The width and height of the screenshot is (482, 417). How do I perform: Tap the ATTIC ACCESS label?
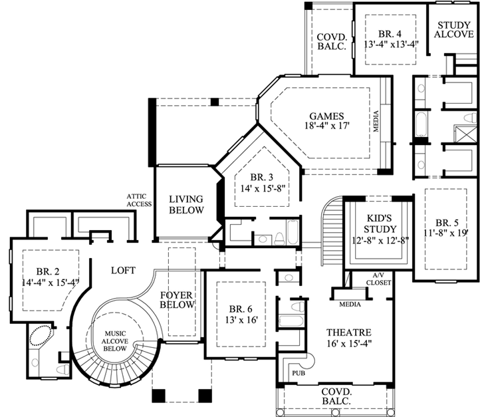click(x=140, y=200)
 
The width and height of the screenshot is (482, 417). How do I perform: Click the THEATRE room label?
click(x=348, y=332)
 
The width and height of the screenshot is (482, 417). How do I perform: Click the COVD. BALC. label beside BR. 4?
click(x=330, y=41)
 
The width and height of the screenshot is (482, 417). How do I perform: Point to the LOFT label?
click(x=123, y=271)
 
